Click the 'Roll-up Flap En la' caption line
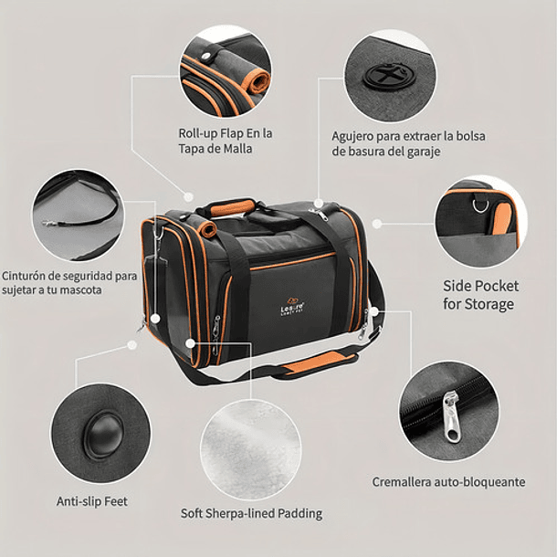[226, 133]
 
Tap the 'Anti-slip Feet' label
[92, 501]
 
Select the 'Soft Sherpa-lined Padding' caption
[252, 513]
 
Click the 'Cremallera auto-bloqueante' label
[448, 481]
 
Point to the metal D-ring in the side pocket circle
[479, 204]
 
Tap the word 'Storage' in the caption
[492, 303]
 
